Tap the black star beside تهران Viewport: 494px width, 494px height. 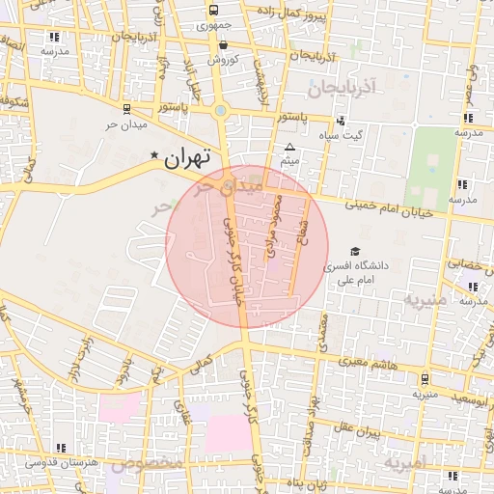click(x=154, y=154)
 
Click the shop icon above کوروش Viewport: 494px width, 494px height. click(x=223, y=44)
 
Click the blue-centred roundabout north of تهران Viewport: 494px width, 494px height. click(x=222, y=110)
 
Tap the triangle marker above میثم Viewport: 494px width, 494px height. click(x=289, y=148)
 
